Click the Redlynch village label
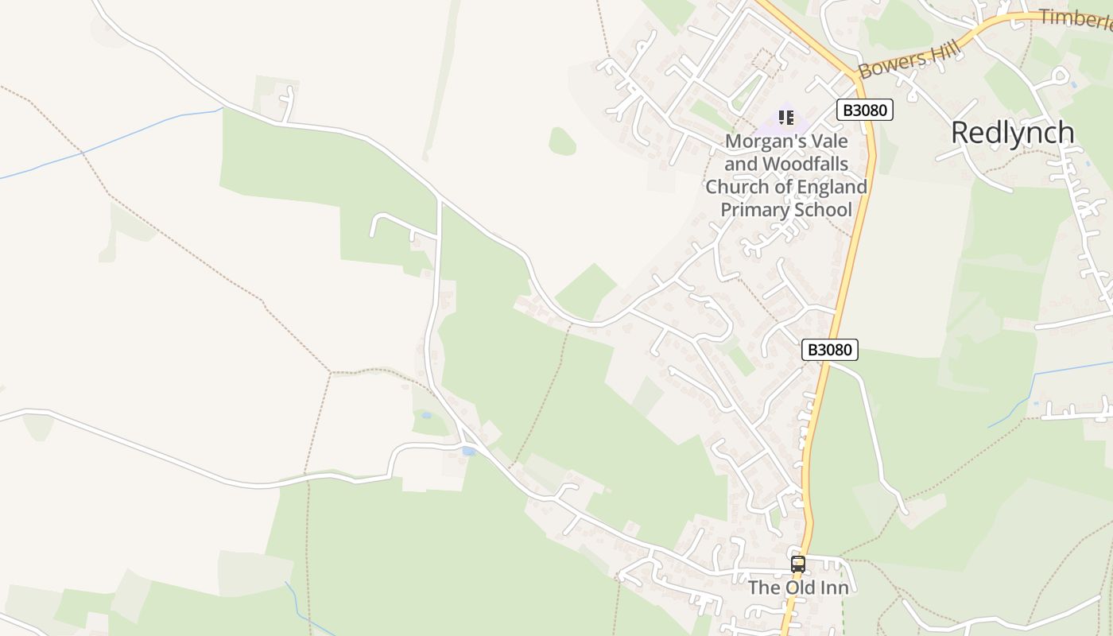[1012, 133]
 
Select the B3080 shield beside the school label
[864, 110]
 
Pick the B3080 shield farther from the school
[829, 349]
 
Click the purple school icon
[786, 118]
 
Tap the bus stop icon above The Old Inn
[797, 564]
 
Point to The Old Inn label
[798, 588]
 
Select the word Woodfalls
[805, 164]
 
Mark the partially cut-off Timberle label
[1075, 18]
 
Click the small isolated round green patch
[562, 142]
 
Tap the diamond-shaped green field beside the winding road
[585, 291]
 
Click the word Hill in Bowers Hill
[944, 51]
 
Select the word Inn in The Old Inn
[833, 588]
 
